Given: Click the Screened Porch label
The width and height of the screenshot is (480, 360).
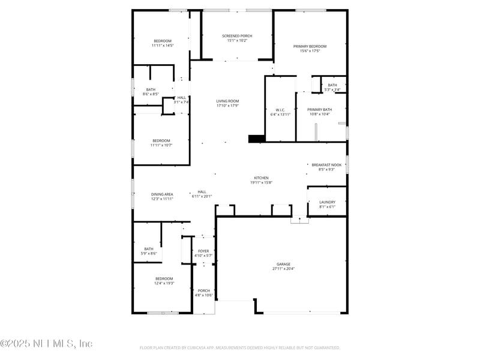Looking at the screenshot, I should (237, 36).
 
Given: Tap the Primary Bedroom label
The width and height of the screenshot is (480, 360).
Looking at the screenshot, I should (310, 46).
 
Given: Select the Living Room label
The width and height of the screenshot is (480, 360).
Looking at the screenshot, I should (227, 101).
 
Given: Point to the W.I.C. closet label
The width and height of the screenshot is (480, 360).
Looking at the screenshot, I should (280, 110).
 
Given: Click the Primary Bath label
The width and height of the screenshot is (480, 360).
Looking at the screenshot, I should (319, 110).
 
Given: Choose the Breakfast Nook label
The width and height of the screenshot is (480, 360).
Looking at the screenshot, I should (326, 164).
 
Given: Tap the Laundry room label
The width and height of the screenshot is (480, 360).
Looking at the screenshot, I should (327, 202).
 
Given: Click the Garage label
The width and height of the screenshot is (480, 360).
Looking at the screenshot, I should (283, 264).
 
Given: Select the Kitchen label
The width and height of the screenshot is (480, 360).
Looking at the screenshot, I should (261, 178).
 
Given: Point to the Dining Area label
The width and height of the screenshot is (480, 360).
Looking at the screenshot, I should (162, 194).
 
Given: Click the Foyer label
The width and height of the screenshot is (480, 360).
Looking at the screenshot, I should (203, 251).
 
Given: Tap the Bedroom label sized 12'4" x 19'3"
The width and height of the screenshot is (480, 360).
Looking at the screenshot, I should (164, 278).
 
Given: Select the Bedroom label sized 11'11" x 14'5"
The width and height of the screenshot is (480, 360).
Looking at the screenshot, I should (162, 41).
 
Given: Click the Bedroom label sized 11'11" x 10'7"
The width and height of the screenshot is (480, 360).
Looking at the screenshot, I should (161, 140).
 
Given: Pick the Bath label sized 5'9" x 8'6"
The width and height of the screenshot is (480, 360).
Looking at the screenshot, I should (149, 249).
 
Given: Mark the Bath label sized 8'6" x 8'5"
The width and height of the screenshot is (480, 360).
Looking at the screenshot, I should (151, 89).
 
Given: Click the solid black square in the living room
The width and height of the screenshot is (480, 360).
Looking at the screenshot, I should (256, 139).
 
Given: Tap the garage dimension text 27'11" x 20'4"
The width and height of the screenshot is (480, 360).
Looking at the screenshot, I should (283, 269).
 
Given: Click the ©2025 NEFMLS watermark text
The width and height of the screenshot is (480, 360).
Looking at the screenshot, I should (46, 344).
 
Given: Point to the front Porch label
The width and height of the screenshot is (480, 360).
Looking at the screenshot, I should (203, 290).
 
